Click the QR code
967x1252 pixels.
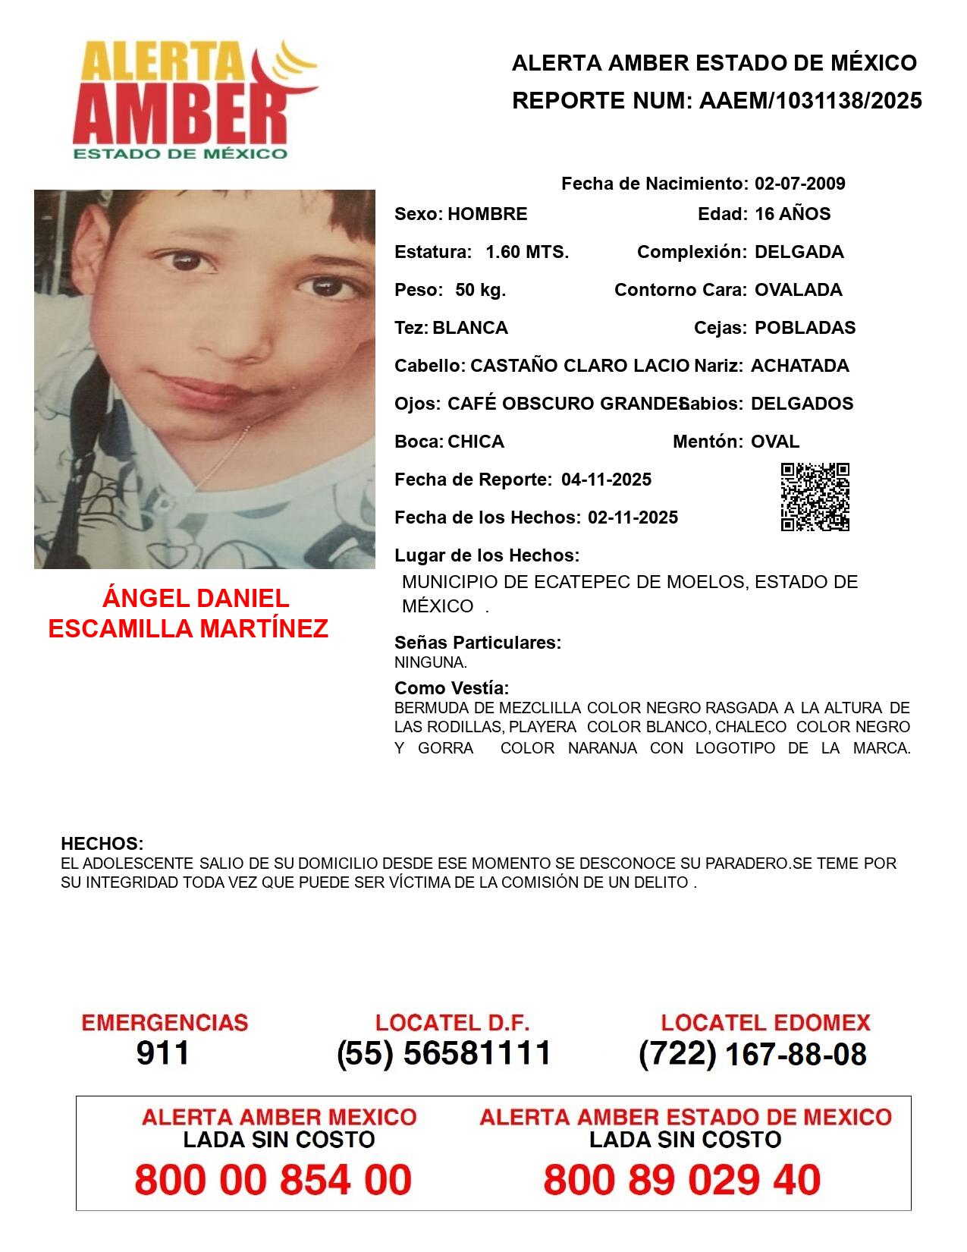pyautogui.click(x=815, y=497)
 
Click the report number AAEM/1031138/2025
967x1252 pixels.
pyautogui.click(x=810, y=100)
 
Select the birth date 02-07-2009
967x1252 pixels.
pyautogui.click(x=799, y=184)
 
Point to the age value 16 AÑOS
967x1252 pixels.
pyautogui.click(x=793, y=214)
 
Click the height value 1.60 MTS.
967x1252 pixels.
pyautogui.click(x=527, y=252)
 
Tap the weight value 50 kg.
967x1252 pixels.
pyautogui.click(x=481, y=290)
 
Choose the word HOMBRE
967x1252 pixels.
pyautogui.click(x=487, y=214)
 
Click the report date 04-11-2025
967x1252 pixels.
pyautogui.click(x=606, y=480)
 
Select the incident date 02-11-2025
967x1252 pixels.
pyautogui.click(x=633, y=517)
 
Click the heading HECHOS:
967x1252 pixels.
pyautogui.click(x=102, y=844)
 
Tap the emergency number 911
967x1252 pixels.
pyautogui.click(x=163, y=1053)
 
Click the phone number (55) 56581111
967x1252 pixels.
pyautogui.click(x=444, y=1053)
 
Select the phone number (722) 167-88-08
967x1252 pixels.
pyautogui.click(x=752, y=1054)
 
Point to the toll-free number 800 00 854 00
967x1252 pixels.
pyautogui.click(x=273, y=1180)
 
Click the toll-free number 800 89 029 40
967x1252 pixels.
pyautogui.click(x=682, y=1180)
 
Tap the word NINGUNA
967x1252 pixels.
pyautogui.click(x=430, y=662)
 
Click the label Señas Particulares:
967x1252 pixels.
pyautogui.click(x=478, y=643)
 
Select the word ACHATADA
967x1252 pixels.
pyautogui.click(x=799, y=366)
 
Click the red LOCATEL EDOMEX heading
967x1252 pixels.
pyautogui.click(x=765, y=1023)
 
